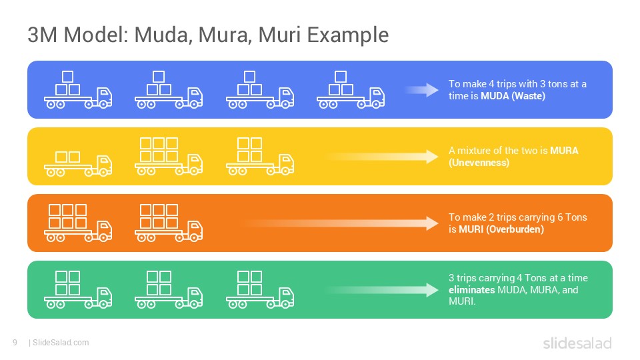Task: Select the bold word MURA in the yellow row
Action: click(x=564, y=151)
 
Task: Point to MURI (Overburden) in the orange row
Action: click(x=501, y=229)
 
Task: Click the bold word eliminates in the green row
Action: click(x=471, y=290)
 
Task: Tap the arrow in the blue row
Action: click(x=422, y=90)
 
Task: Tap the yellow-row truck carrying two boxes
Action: click(x=77, y=163)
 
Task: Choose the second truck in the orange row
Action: click(x=168, y=223)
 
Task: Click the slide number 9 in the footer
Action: click(x=15, y=343)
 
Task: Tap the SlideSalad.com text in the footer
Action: click(x=61, y=343)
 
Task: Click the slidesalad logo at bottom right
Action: click(x=577, y=343)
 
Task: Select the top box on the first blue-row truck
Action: click(x=67, y=76)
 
